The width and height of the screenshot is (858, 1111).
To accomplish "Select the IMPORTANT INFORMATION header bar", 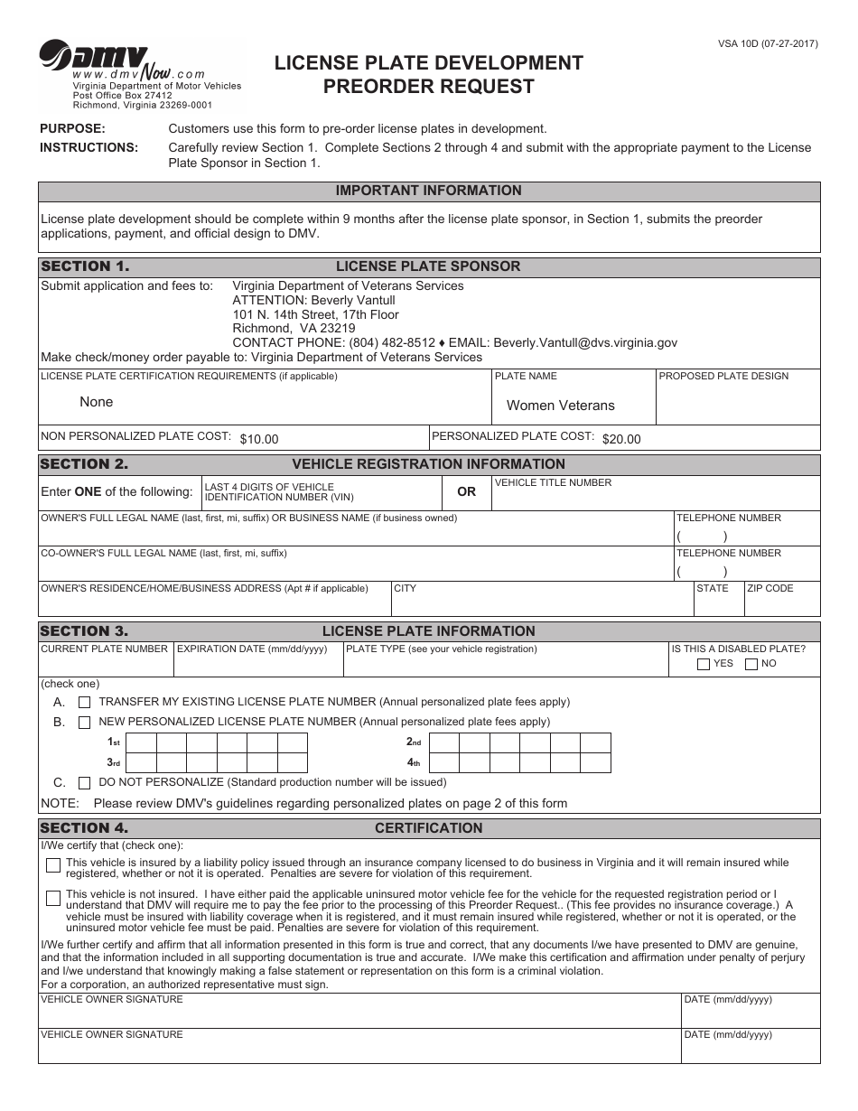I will point(429,191).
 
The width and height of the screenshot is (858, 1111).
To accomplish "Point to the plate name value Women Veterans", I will point(560,406).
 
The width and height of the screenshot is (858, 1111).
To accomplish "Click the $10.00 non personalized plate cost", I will point(259,439).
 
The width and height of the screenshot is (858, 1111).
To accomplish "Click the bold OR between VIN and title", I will point(466,492).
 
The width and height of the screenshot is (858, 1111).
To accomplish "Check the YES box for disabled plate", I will point(704,665).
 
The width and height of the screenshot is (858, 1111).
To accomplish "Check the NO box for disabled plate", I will point(751,665).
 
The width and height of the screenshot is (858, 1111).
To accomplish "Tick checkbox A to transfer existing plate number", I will point(85,702).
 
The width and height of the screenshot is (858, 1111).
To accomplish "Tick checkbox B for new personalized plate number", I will point(85,722).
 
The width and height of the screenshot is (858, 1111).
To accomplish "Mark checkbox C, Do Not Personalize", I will point(85,782).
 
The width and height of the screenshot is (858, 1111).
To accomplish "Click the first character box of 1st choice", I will point(141,742).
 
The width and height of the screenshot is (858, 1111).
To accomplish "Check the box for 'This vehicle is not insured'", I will point(53,898).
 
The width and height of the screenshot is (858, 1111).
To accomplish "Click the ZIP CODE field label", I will point(769,588).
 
